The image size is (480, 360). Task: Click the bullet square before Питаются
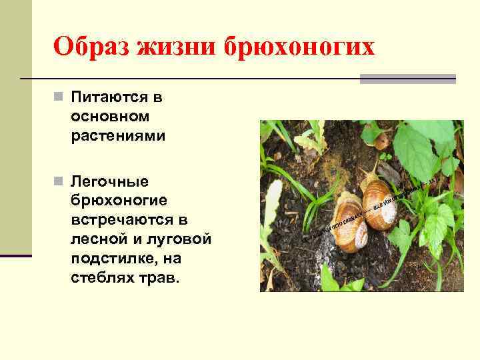pyautogui.click(x=58, y=97)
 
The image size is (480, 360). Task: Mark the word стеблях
pyautogui.click(x=97, y=277)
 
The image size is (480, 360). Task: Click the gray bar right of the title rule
pyautogui.click(x=407, y=79)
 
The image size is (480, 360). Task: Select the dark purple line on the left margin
pyautogui.click(x=15, y=255)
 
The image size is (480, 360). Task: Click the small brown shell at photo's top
pyautogui.click(x=382, y=141)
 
